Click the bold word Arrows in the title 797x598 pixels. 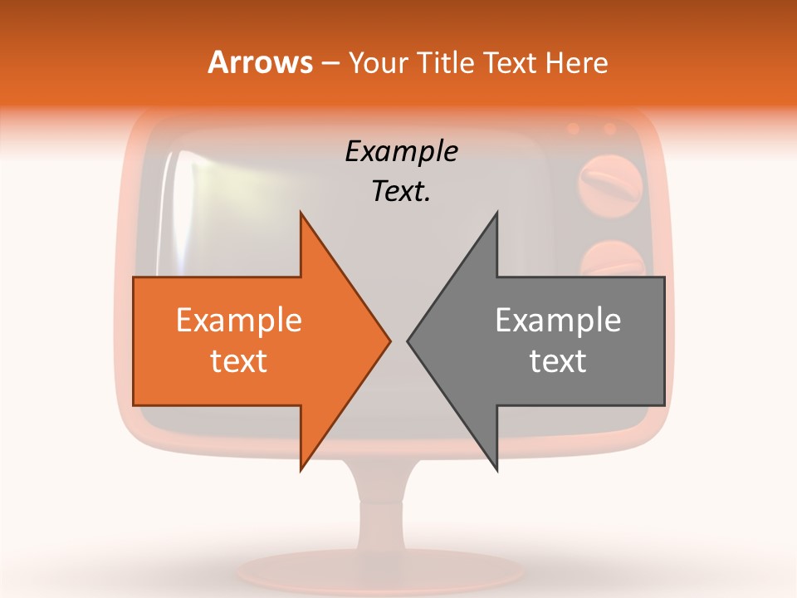tap(259, 62)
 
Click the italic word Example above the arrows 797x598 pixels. tap(401, 152)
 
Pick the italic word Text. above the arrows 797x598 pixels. tap(401, 191)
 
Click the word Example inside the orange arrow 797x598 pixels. tap(239, 320)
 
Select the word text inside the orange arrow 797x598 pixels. tap(239, 360)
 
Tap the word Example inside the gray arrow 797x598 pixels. tap(558, 320)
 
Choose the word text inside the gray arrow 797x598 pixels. tap(558, 360)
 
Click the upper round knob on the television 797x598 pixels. tap(611, 184)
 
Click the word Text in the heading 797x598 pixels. tap(511, 62)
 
